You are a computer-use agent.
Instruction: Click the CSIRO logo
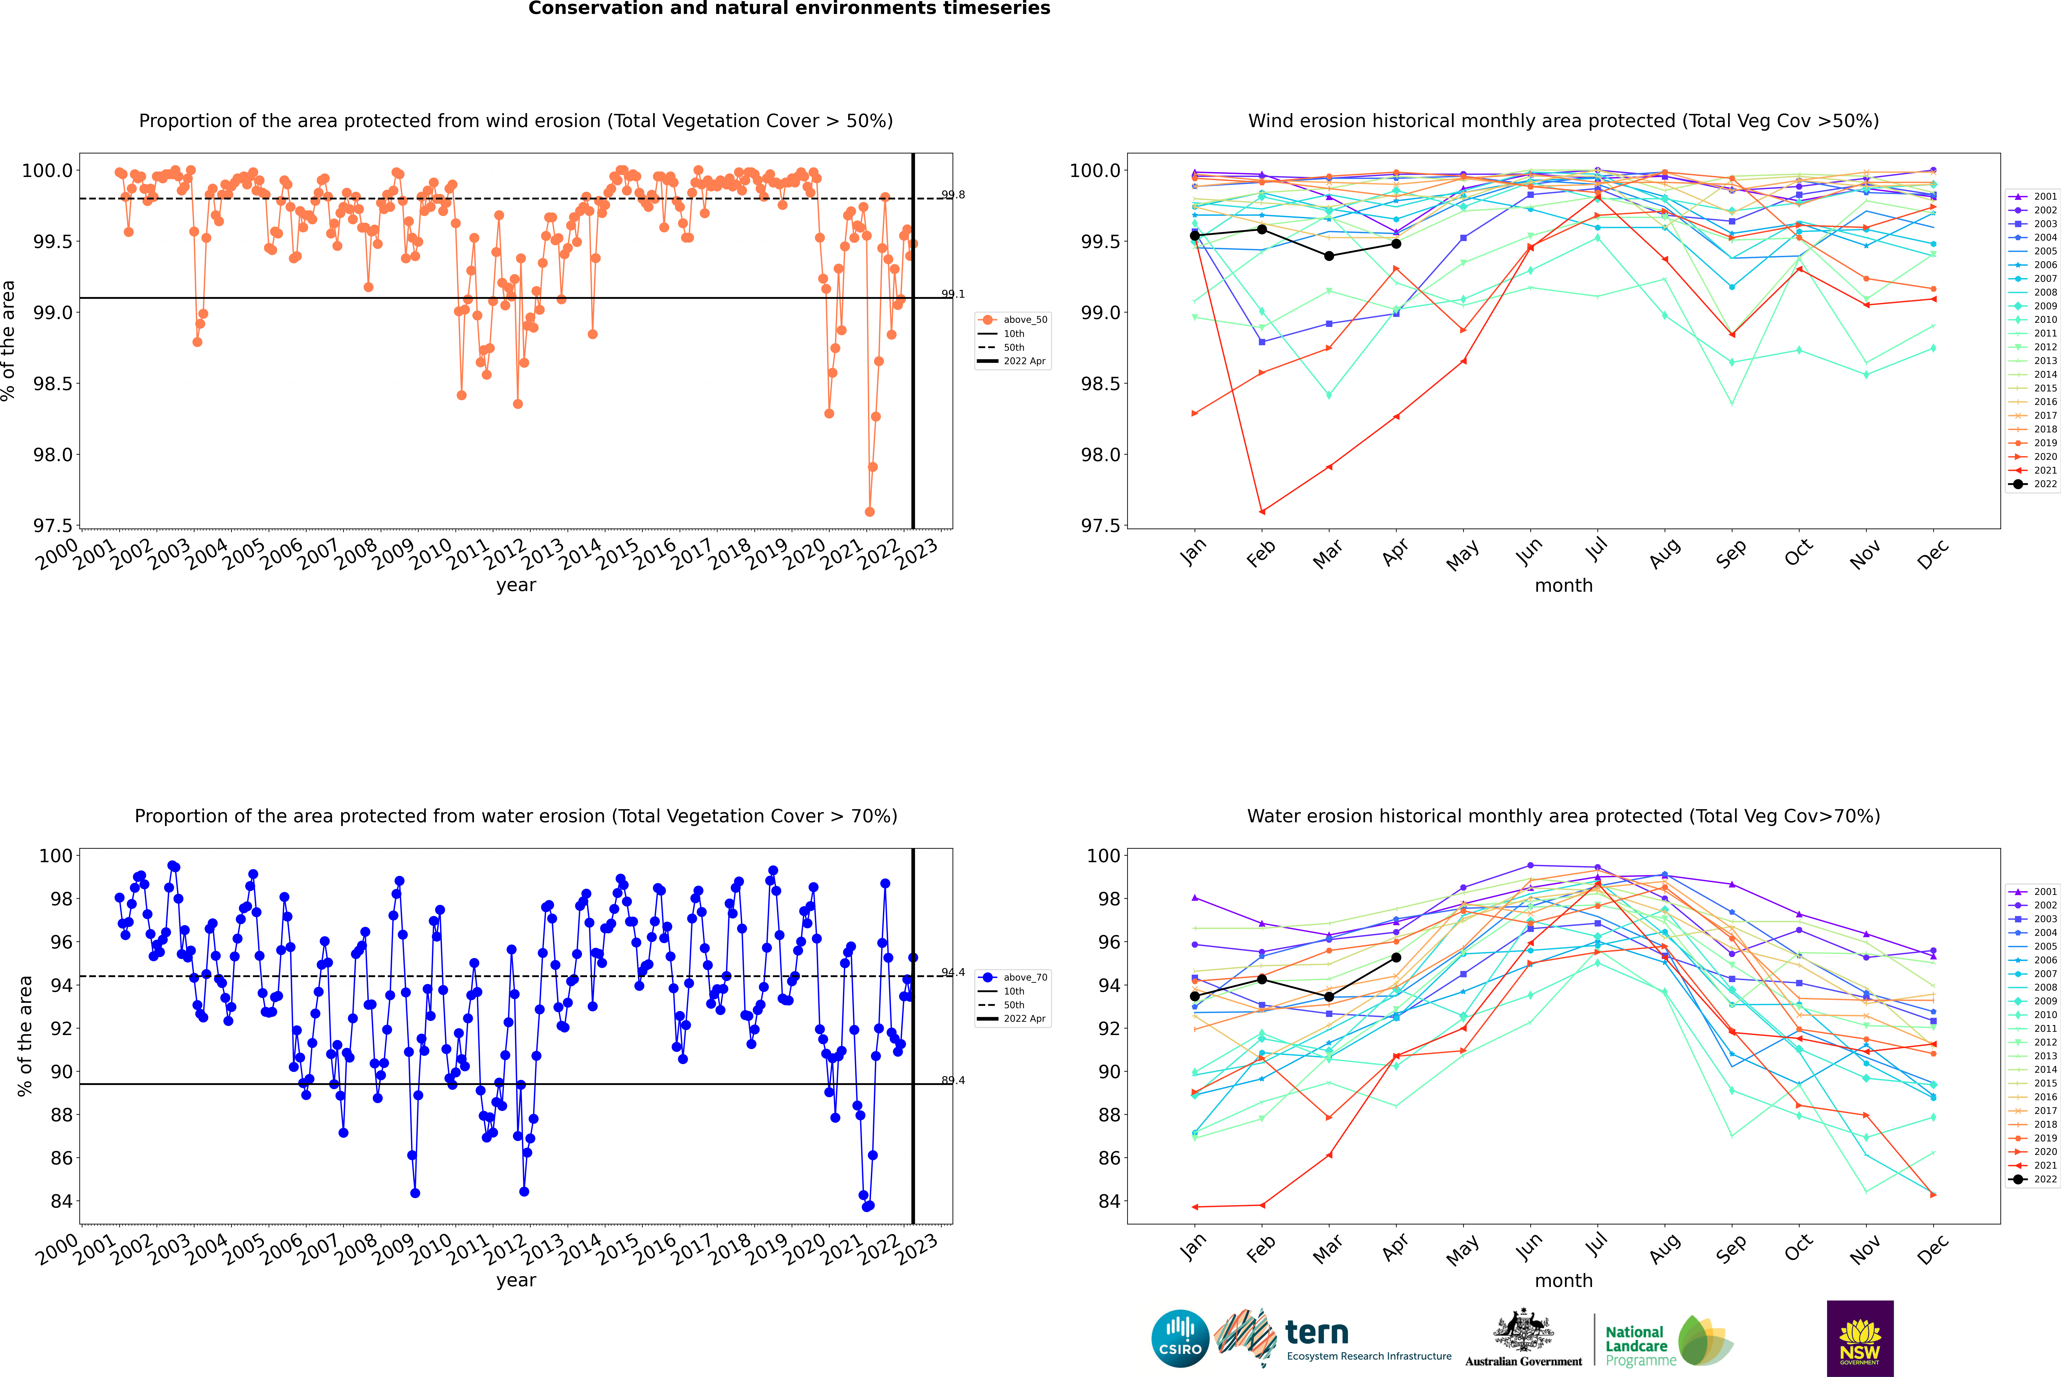pos(1180,1338)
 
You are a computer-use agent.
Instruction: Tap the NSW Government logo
pos(1860,1338)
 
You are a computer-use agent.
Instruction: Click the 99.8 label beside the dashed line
pos(953,195)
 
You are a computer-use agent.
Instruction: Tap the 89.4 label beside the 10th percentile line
pos(953,1080)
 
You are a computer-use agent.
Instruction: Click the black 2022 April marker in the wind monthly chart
pos(1396,243)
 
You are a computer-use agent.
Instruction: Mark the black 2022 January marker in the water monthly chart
pos(1195,996)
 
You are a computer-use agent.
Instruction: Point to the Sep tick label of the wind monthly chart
pos(1731,553)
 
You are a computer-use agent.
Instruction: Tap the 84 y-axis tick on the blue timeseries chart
pos(61,1201)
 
